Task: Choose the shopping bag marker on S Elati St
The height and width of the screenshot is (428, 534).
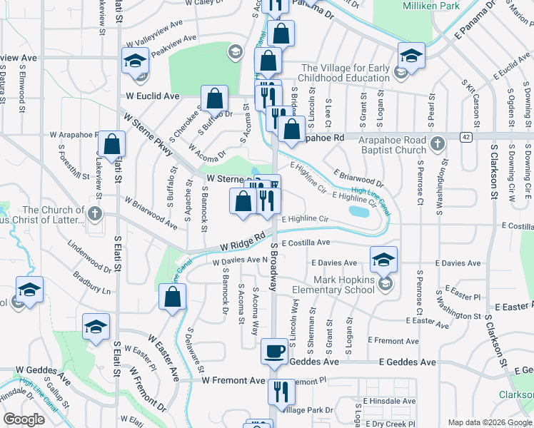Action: coord(111,145)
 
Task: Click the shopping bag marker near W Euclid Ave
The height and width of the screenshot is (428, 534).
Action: coord(214,99)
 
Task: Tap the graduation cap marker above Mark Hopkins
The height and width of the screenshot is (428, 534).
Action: coord(383,260)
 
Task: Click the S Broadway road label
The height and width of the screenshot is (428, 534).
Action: coord(273,266)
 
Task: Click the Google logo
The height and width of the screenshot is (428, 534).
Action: coord(24,419)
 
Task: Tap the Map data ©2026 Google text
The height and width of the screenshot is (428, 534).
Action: coord(488,422)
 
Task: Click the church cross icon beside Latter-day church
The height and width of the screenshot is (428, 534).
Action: coord(94,214)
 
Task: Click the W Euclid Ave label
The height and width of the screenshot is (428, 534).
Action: coord(152,96)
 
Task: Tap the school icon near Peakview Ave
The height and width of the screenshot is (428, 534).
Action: coord(234,51)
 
